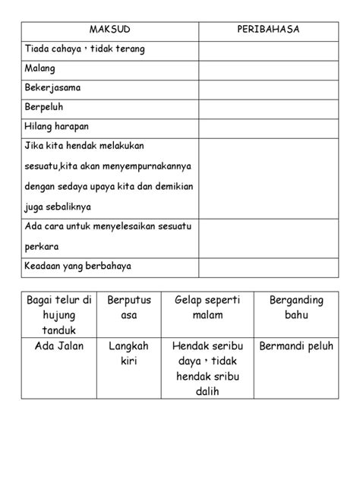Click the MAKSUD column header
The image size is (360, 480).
[x=110, y=30]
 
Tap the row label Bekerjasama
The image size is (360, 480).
[x=53, y=87]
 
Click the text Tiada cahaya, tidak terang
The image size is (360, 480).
[x=84, y=49]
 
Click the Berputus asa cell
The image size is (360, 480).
[x=130, y=307]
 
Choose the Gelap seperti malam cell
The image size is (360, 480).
[x=207, y=307]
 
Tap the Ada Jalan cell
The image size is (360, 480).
[x=59, y=346]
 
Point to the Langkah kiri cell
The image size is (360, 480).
[x=130, y=354]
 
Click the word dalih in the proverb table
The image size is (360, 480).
[x=207, y=392]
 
